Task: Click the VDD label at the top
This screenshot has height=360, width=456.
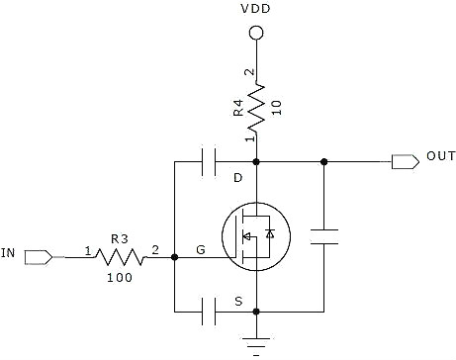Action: (255, 9)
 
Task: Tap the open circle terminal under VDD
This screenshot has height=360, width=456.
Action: (256, 33)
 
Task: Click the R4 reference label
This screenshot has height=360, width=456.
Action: (238, 108)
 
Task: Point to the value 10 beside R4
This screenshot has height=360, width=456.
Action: (277, 108)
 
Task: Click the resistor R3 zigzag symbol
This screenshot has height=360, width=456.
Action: (120, 257)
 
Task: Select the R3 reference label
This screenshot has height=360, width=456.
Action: (120, 238)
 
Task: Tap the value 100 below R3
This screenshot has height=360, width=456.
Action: (120, 278)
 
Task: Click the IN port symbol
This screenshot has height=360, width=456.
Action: (39, 257)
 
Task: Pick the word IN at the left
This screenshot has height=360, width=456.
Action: (8, 253)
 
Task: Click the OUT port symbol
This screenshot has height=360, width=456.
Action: (406, 162)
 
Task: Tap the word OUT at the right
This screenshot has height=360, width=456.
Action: (441, 156)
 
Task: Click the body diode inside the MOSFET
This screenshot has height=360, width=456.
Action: (270, 233)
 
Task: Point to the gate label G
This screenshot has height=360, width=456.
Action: (201, 250)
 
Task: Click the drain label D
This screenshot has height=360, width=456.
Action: (237, 178)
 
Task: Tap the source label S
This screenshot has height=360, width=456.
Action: (238, 302)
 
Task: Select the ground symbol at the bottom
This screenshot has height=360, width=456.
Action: (256, 343)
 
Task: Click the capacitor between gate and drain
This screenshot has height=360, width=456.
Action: (209, 162)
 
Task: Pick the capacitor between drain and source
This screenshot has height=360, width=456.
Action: (324, 236)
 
